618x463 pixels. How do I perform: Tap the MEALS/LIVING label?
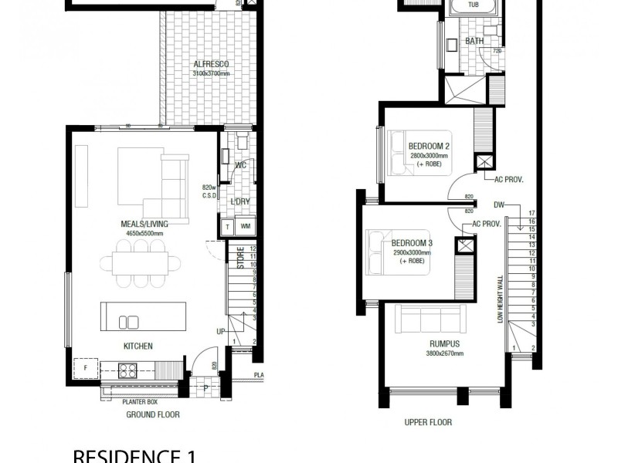[x=144, y=224]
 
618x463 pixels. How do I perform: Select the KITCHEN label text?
[x=137, y=346]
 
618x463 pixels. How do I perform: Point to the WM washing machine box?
[x=246, y=226]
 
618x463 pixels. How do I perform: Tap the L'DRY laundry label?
[x=240, y=202]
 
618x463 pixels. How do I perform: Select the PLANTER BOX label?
[x=141, y=402]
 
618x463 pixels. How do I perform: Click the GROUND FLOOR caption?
[x=153, y=414]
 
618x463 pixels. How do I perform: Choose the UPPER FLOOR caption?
[x=428, y=422]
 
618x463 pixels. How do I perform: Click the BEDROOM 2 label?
[x=429, y=145]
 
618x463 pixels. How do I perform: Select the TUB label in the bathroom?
[x=473, y=4]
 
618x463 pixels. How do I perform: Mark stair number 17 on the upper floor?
[x=531, y=213]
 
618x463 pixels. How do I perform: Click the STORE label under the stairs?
[x=241, y=257]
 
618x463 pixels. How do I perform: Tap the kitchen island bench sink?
[x=130, y=323]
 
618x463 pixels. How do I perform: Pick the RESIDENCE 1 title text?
[x=133, y=455]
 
